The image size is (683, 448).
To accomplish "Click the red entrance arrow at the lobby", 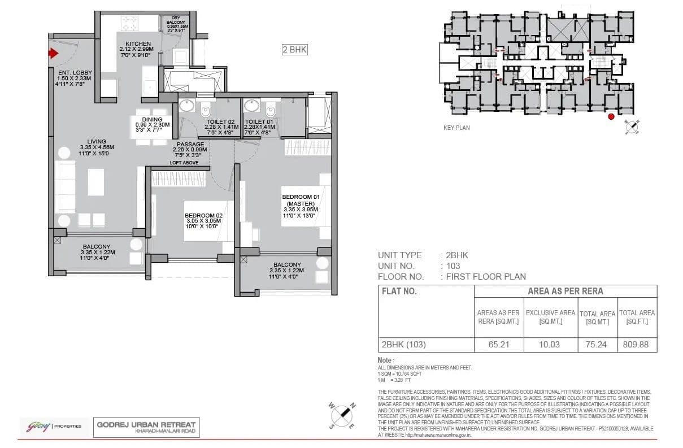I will (x=53, y=54).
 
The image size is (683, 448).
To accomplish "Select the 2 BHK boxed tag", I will (x=294, y=50).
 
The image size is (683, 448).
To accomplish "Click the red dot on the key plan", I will (x=611, y=117).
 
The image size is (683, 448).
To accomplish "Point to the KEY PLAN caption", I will (x=456, y=128).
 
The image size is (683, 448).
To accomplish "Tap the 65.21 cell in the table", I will (x=498, y=343).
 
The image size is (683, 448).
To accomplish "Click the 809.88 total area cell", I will (x=637, y=343).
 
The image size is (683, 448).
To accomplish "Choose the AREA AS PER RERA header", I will (x=565, y=292).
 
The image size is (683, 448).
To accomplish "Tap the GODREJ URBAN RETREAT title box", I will (x=146, y=427).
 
